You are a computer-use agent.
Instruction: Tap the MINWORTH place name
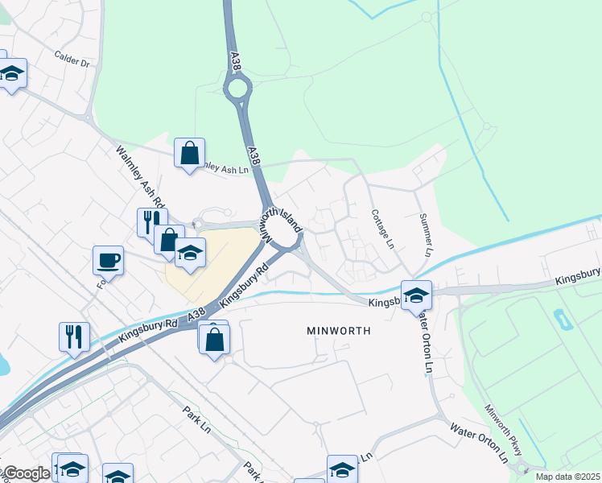coord(339,331)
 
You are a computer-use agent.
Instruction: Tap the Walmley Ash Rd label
coord(139,176)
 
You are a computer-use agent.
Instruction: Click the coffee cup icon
coord(108,260)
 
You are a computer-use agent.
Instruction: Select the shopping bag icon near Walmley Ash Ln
coord(189,152)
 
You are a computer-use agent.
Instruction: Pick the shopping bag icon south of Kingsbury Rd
coord(215,338)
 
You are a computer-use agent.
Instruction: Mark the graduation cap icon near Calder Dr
coord(12,74)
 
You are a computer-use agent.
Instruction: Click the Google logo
coord(26,473)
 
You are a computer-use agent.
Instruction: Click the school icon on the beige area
coord(190,253)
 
